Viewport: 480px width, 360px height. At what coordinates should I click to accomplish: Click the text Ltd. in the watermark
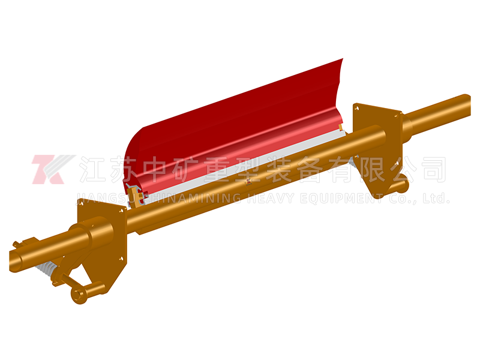[436, 198]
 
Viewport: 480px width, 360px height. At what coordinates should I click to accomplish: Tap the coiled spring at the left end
[49, 269]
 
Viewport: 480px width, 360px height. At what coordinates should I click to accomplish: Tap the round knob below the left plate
[79, 295]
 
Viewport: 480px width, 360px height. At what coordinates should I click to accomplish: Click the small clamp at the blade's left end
[137, 196]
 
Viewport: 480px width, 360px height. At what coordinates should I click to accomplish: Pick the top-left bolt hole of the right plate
[356, 108]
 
